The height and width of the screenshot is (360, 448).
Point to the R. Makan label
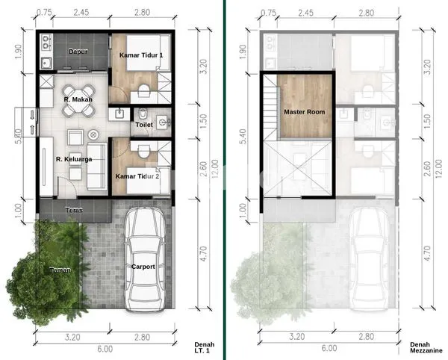point(77,99)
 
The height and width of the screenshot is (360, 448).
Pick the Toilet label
point(143,125)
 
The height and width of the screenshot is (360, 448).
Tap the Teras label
point(73,210)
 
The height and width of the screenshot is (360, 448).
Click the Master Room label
point(304,112)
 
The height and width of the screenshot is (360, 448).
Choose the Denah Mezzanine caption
point(426,348)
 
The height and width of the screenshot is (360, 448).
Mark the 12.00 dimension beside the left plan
point(214,164)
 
